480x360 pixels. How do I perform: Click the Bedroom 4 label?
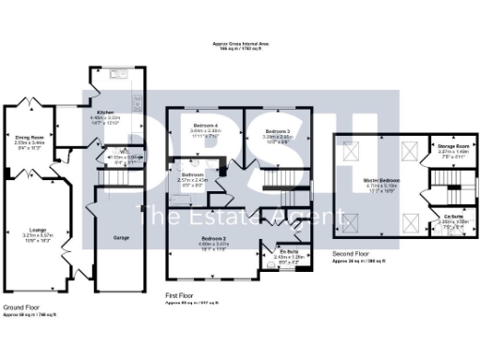click(x=206, y=124)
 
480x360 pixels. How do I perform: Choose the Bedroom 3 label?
click(x=275, y=130)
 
